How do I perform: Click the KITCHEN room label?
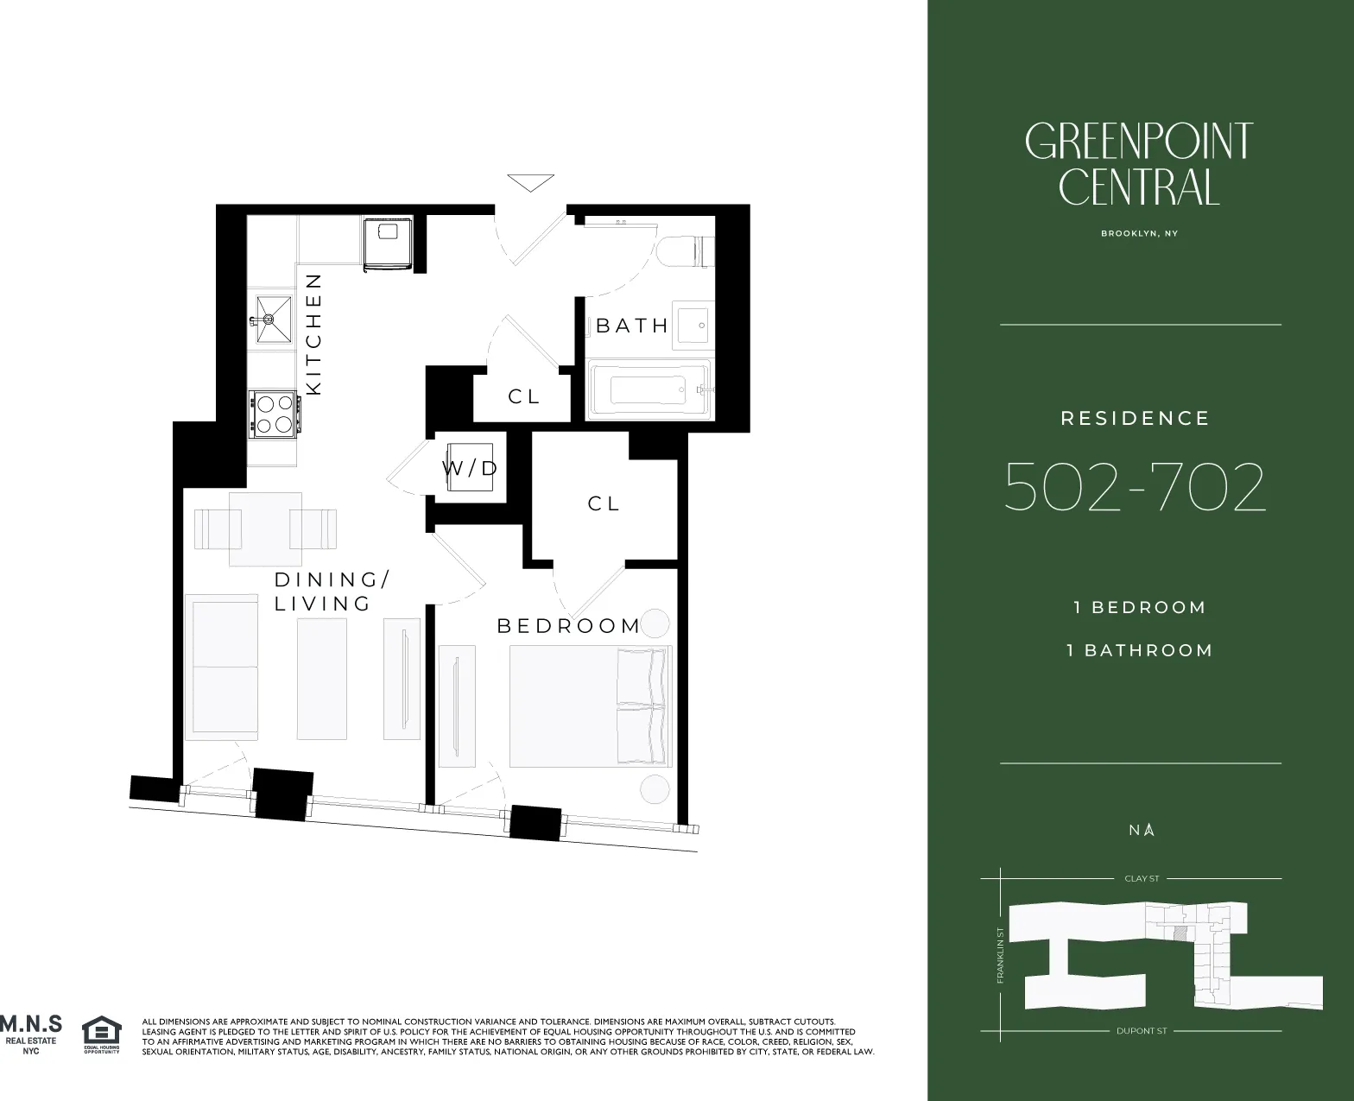click(313, 334)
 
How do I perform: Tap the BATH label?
click(632, 326)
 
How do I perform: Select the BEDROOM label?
click(569, 626)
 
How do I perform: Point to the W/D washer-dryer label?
click(471, 469)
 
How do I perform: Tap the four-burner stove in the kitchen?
click(275, 413)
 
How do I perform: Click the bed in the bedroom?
click(590, 706)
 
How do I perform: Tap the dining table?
click(265, 528)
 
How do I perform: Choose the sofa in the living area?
click(222, 666)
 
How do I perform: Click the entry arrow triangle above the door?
click(530, 184)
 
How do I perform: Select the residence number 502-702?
click(1135, 487)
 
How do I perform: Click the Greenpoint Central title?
click(1139, 164)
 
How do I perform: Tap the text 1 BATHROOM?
click(1140, 650)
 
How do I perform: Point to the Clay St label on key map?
click(1142, 878)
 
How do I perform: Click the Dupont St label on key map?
click(1142, 1031)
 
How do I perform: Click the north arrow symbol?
click(1149, 830)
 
